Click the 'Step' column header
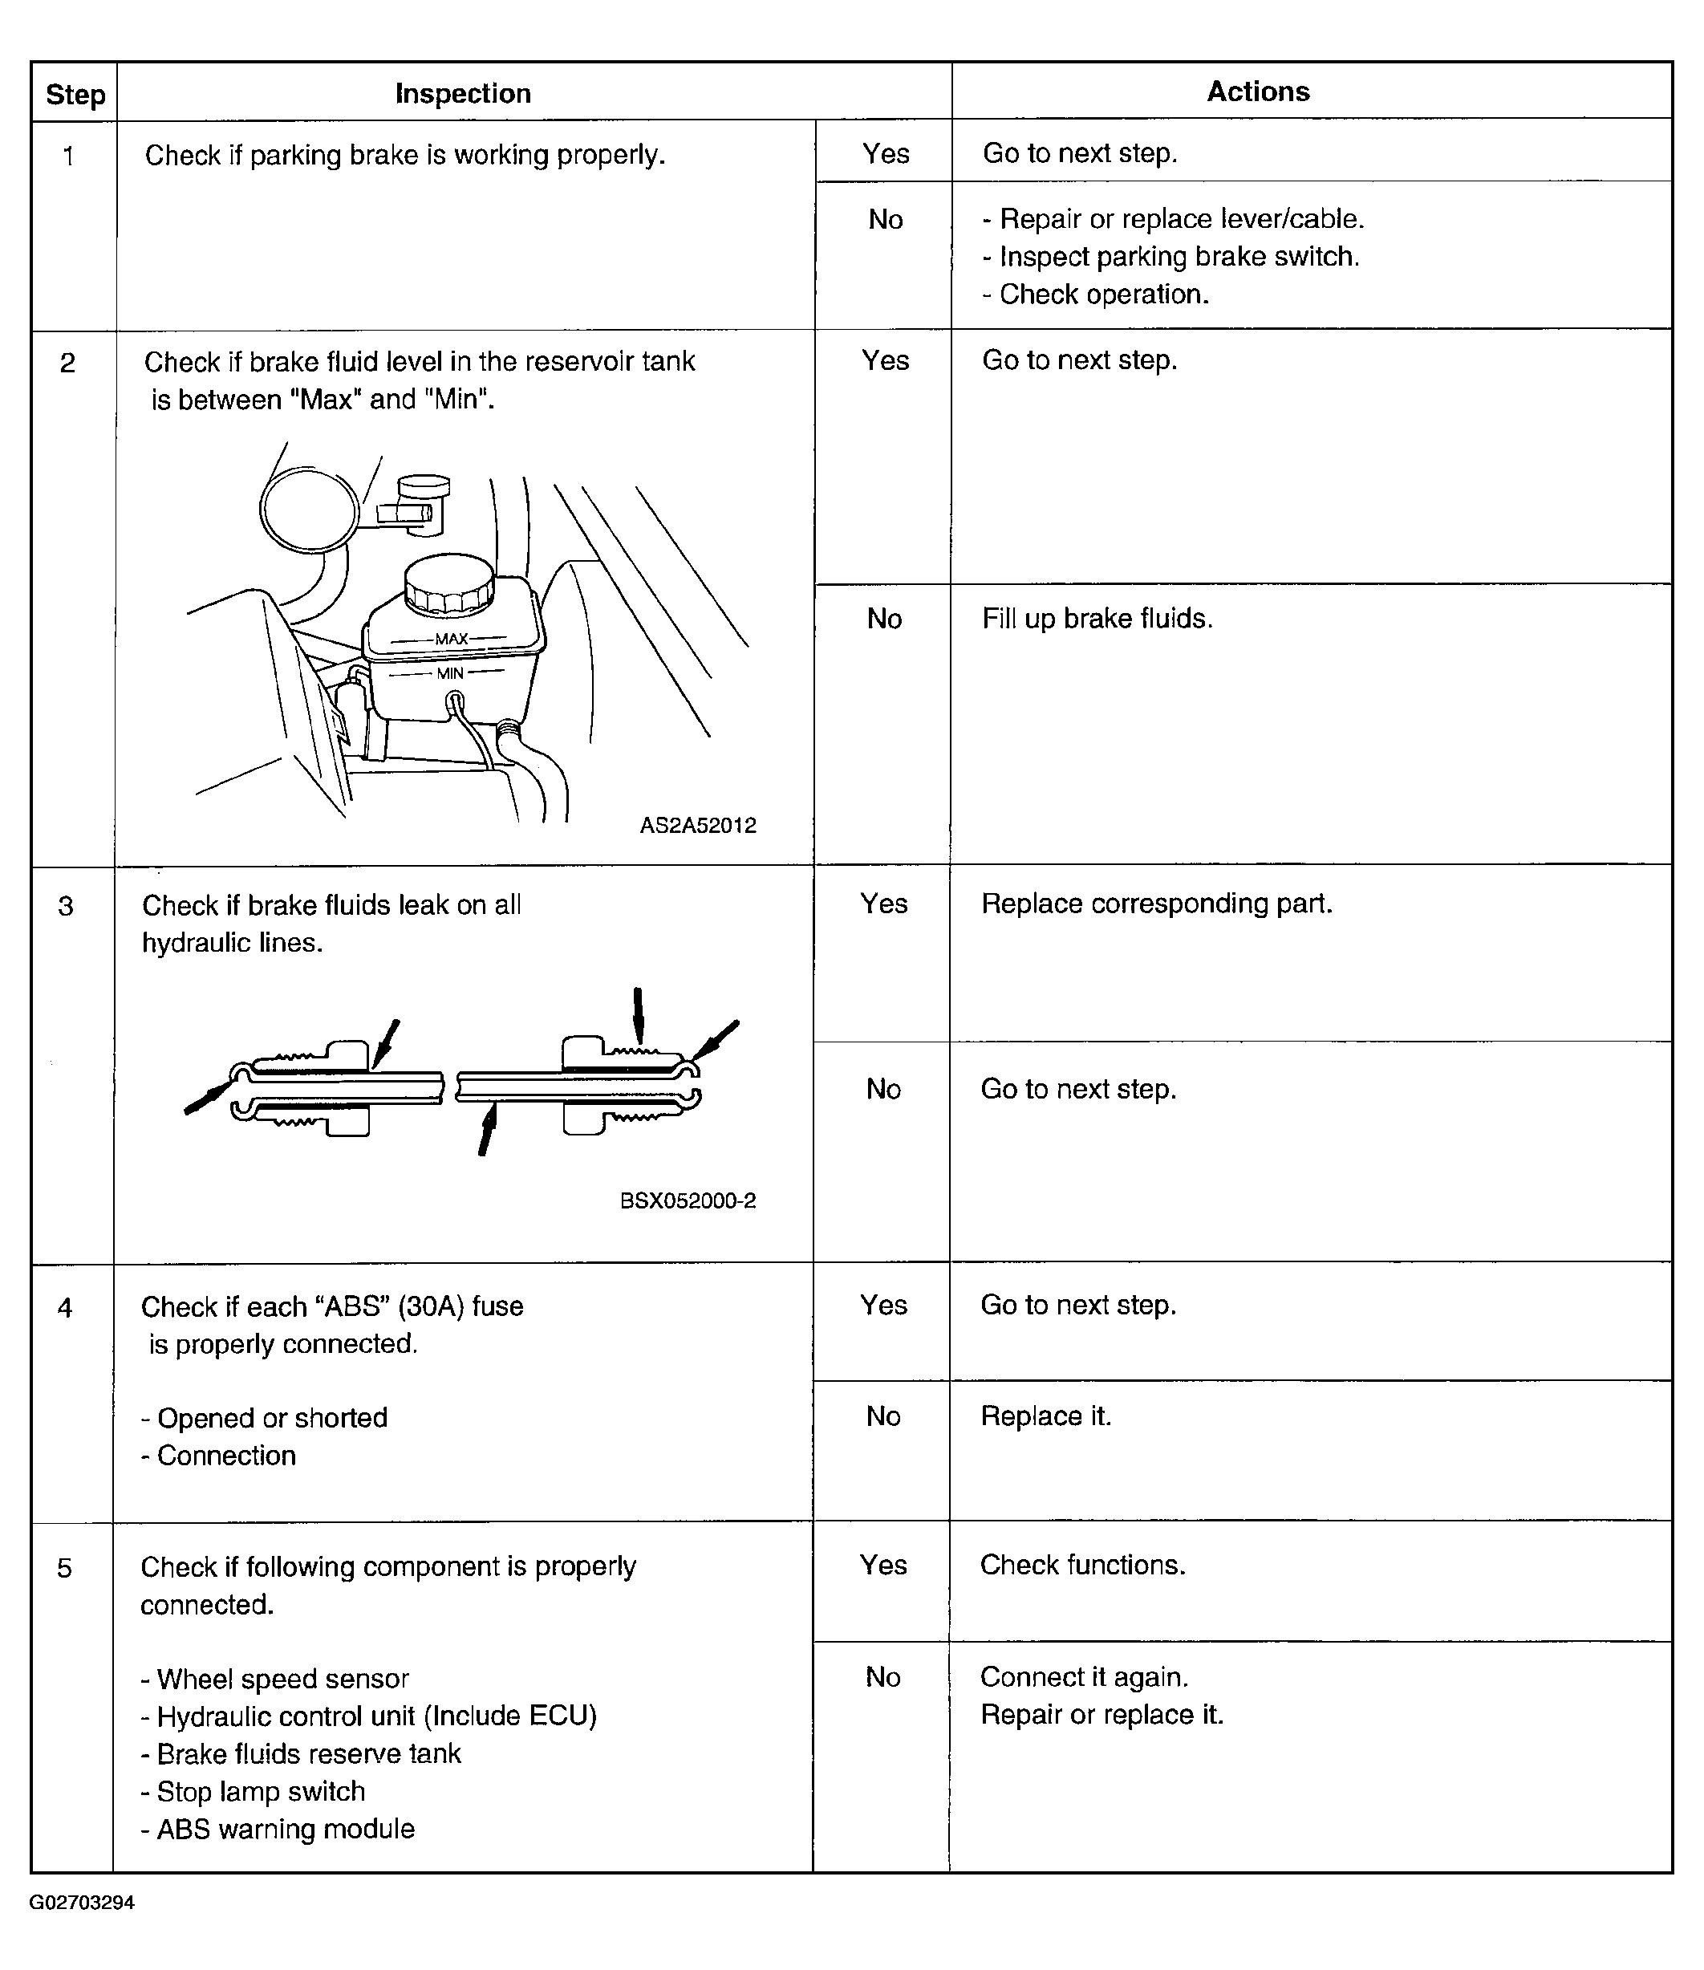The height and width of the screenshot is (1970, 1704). click(x=75, y=94)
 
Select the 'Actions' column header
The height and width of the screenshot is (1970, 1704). click(x=1257, y=91)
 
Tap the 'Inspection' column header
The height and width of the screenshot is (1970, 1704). click(x=463, y=93)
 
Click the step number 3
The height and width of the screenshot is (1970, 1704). click(x=66, y=906)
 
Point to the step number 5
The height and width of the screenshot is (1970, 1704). click(x=65, y=1568)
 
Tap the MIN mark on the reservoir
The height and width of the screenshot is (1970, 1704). click(x=450, y=673)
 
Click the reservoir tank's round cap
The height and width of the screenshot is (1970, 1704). click(x=448, y=584)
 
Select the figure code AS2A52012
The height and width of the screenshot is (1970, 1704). click(x=698, y=826)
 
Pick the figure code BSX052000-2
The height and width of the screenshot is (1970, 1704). click(x=688, y=1200)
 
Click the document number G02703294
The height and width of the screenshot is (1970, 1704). click(x=82, y=1903)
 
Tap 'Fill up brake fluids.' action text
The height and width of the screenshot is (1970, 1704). click(x=1097, y=619)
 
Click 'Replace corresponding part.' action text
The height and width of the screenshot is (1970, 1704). click(x=1156, y=904)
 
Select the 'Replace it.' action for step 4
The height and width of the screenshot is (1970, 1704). click(x=1046, y=1416)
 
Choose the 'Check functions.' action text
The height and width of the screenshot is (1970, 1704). click(x=1082, y=1566)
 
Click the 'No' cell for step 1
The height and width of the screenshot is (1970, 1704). click(x=885, y=220)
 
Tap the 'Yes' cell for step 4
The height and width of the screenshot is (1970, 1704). click(x=883, y=1305)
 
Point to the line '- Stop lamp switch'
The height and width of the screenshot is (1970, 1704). click(x=253, y=1792)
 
